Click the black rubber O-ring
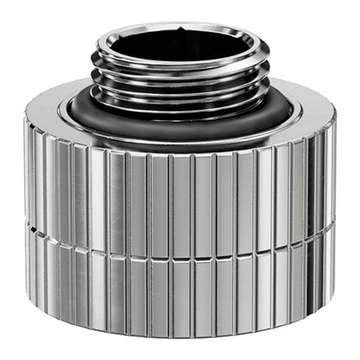tap(180, 127)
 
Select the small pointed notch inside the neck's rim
tap(181, 29)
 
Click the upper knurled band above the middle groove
tap(180, 200)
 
